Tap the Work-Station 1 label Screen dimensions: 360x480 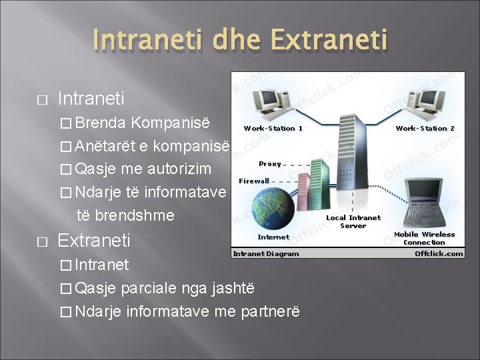(x=273, y=128)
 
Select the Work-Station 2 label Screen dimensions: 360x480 (x=425, y=128)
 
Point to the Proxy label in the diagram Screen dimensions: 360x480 (x=270, y=163)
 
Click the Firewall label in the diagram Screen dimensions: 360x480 (x=254, y=181)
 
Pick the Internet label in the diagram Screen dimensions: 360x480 (x=273, y=237)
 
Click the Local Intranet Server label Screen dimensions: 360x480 (x=353, y=221)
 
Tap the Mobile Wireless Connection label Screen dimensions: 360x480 (x=424, y=238)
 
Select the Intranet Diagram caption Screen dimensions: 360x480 (x=266, y=253)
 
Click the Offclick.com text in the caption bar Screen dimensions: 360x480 (x=439, y=253)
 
